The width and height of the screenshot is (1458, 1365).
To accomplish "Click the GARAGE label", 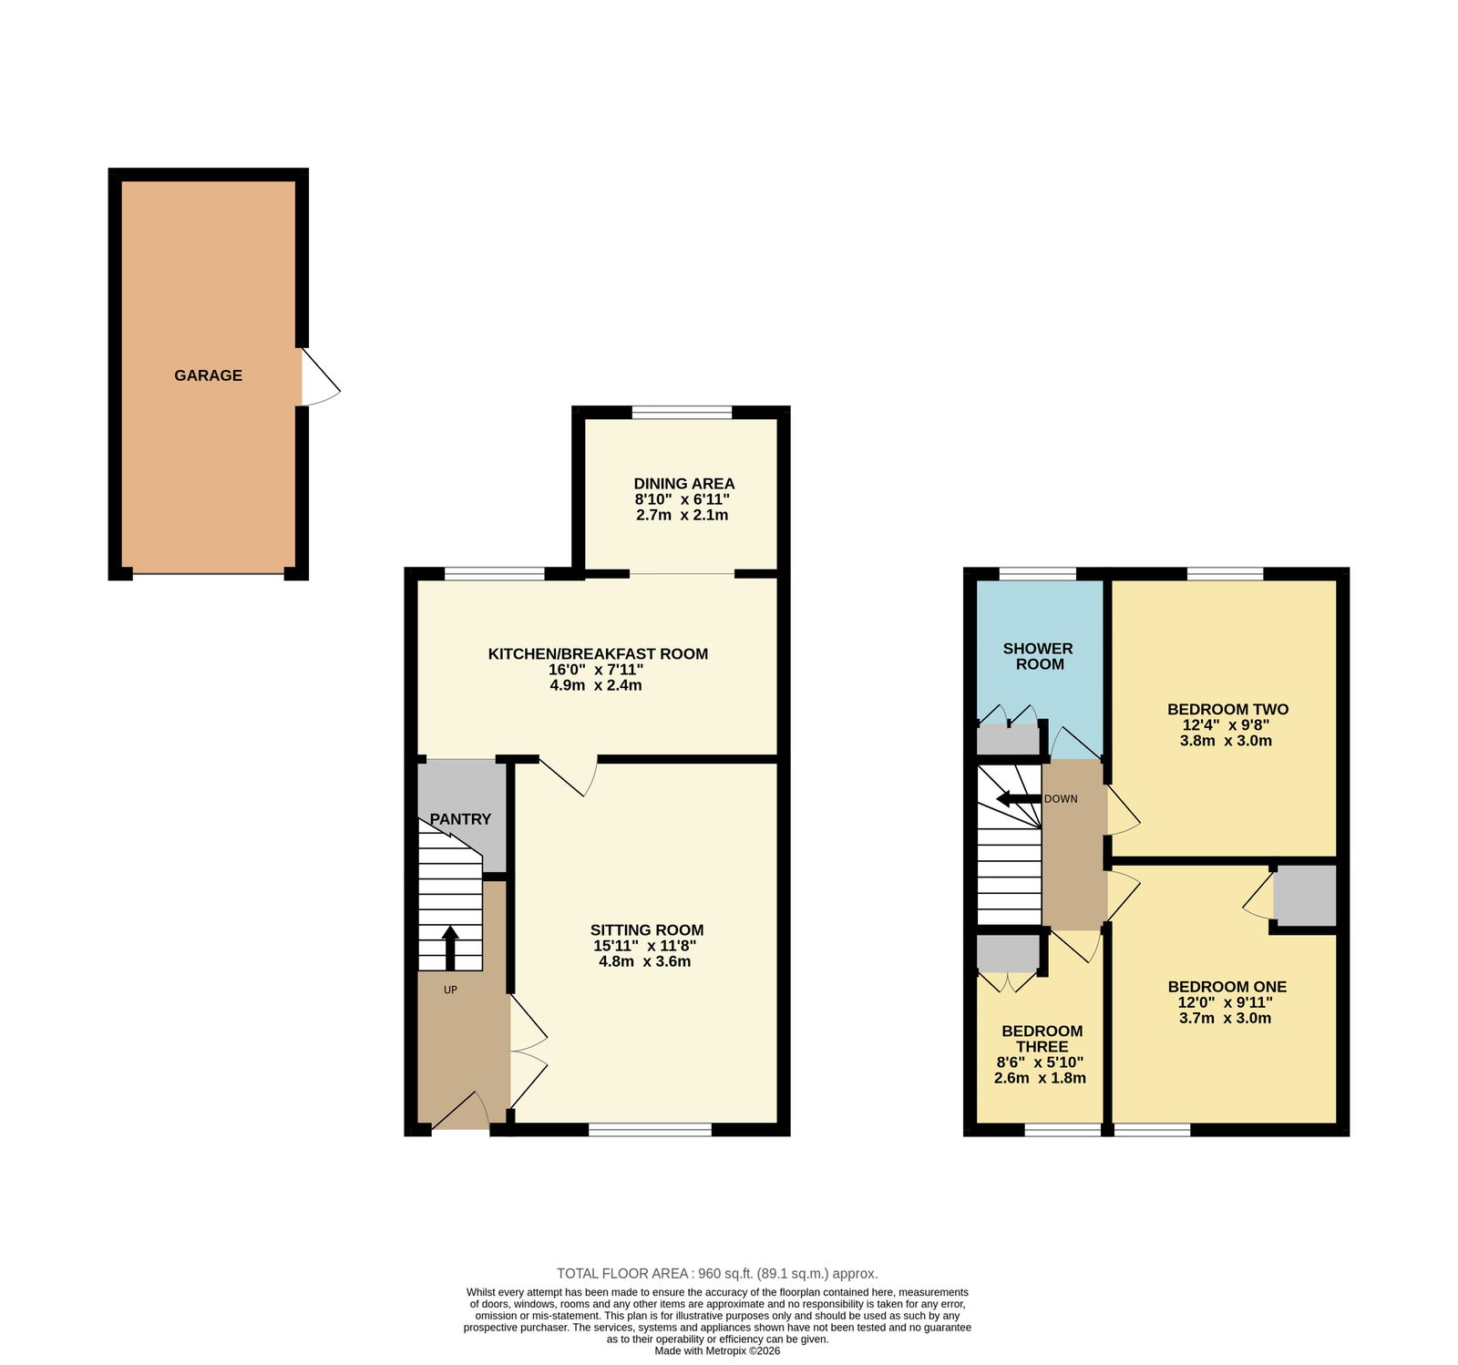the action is (208, 375).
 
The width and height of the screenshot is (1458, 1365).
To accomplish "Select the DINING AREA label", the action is (683, 484).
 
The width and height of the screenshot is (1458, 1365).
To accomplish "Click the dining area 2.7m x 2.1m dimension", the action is (682, 515).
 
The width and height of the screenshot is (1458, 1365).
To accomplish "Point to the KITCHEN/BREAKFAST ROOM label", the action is (598, 653).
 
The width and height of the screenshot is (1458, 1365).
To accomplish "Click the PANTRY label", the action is (460, 819).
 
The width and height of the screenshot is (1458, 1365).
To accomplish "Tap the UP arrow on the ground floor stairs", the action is (450, 948).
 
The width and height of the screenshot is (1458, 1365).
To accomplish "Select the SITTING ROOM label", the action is (647, 930).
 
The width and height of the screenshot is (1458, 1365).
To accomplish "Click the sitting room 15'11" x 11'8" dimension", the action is (644, 946).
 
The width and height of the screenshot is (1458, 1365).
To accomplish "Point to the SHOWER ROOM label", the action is (1038, 656).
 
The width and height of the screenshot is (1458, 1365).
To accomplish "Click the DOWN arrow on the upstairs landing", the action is (1019, 799).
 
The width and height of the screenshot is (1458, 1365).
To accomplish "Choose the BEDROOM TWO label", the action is (1227, 710).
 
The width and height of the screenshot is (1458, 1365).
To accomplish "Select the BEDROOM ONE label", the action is (1227, 987).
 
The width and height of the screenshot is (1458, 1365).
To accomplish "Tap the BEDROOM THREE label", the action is (1042, 1039).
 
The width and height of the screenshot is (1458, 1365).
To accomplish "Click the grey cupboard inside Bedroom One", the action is (1305, 896).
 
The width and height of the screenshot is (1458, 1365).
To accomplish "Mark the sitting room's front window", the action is (650, 1130).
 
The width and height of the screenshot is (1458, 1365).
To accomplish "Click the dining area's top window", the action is (682, 413).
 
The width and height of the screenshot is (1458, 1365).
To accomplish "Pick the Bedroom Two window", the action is (1225, 574).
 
